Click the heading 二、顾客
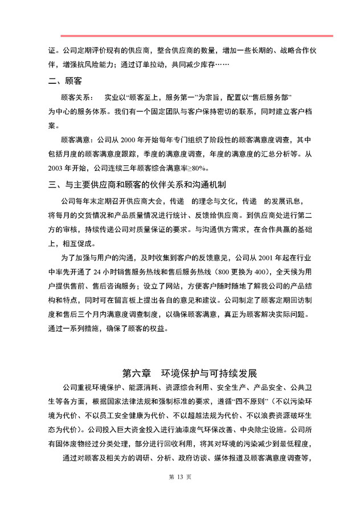(64, 81)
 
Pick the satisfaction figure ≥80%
(199, 168)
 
